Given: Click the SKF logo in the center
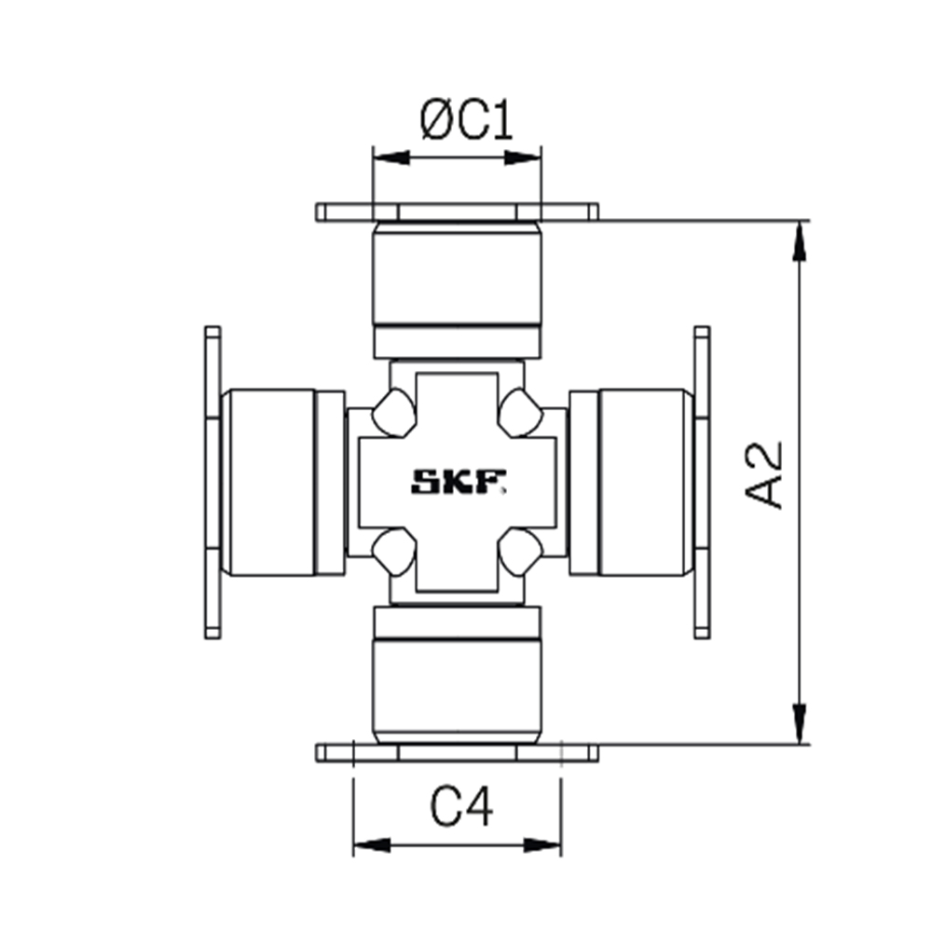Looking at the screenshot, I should (x=459, y=482).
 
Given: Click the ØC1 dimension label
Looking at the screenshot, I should (x=466, y=121).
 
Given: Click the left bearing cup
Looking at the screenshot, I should (x=270, y=482).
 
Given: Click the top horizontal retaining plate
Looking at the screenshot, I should (x=457, y=212).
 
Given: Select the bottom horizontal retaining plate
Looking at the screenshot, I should (x=457, y=752).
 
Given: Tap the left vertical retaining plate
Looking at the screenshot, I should (x=212, y=482).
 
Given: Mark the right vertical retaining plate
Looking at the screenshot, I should (x=702, y=482).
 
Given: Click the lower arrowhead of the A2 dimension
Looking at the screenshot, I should (x=799, y=722).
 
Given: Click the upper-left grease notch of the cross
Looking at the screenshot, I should (x=393, y=412).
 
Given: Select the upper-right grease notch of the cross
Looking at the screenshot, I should (x=520, y=412).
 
